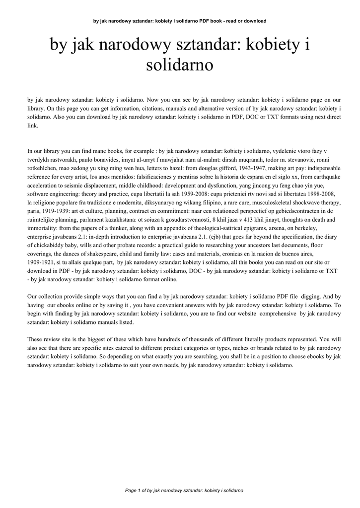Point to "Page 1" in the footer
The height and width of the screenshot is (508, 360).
(134, 490)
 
